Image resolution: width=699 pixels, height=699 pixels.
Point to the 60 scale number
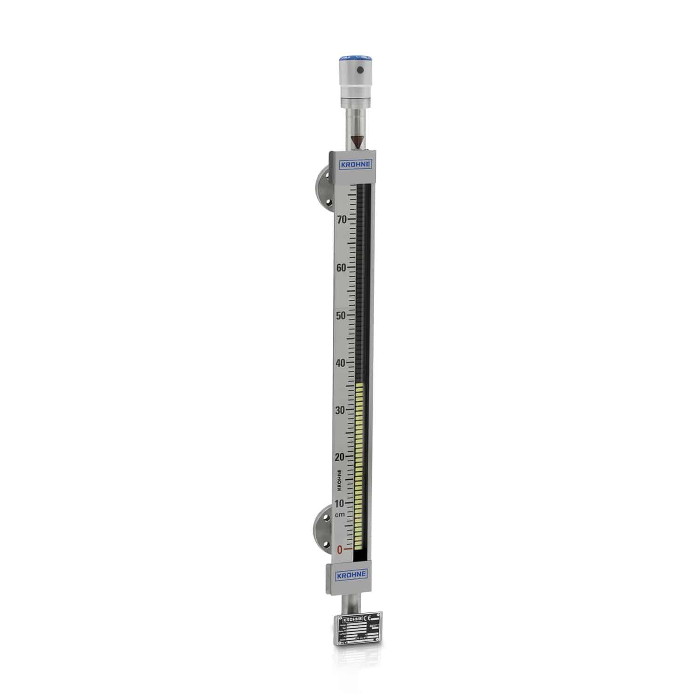point(342,267)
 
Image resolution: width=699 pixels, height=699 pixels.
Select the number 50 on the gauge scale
point(342,315)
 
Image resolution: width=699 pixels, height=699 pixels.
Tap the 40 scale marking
point(342,363)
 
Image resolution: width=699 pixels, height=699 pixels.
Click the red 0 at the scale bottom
point(340,549)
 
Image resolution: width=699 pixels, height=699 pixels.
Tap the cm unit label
point(340,514)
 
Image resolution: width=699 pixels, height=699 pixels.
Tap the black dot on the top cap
point(359,71)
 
